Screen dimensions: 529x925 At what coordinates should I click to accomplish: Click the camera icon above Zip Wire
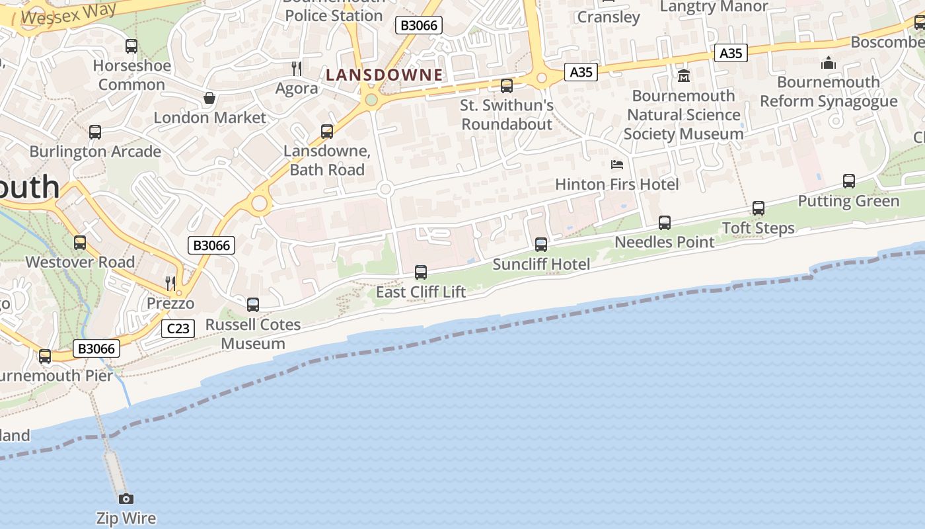[x=126, y=499]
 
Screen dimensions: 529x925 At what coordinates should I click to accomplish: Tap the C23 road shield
[x=178, y=328]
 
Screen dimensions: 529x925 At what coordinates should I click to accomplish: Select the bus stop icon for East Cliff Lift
[x=421, y=272]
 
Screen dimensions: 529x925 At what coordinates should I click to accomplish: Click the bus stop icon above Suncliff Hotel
[x=541, y=245]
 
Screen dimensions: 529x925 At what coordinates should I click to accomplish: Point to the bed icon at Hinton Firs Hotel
[x=617, y=164]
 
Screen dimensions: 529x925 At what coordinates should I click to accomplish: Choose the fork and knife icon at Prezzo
[x=170, y=283]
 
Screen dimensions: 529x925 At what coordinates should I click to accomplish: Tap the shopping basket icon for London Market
[x=209, y=98]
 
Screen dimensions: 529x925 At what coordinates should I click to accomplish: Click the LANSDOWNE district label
[x=384, y=75]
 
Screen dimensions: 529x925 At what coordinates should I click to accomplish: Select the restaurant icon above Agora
[x=297, y=68]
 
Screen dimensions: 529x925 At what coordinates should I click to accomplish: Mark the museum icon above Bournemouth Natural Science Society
[x=684, y=75]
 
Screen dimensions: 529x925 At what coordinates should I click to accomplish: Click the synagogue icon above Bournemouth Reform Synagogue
[x=828, y=63]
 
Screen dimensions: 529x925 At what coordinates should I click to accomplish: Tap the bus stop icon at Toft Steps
[x=758, y=208]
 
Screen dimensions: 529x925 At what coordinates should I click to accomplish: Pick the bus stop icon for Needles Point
[x=665, y=223]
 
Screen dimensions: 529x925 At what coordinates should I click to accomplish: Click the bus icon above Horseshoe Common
[x=131, y=46]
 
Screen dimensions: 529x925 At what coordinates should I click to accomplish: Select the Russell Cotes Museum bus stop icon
[x=253, y=305]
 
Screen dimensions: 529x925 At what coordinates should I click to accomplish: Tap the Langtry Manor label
[x=714, y=7]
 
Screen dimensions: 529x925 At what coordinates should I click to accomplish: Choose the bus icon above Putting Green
[x=849, y=181]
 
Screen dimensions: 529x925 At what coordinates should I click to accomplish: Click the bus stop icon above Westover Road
[x=80, y=243]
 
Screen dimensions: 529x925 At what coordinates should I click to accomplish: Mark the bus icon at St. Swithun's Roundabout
[x=507, y=85]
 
